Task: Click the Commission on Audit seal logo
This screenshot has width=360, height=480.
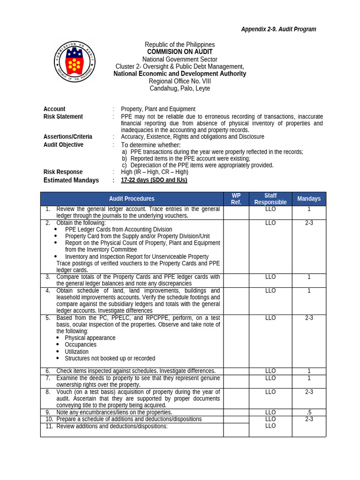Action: pyautogui.click(x=75, y=63)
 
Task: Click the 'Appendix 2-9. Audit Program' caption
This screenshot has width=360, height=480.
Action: pyautogui.click(x=278, y=29)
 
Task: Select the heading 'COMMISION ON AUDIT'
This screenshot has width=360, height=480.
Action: pyautogui.click(x=180, y=52)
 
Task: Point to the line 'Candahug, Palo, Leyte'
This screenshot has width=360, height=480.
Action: pyautogui.click(x=180, y=88)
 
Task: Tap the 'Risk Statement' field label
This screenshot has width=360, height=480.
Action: pyautogui.click(x=63, y=117)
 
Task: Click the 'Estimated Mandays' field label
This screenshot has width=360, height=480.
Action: pyautogui.click(x=71, y=180)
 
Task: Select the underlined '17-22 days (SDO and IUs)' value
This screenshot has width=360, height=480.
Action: pyautogui.click(x=154, y=180)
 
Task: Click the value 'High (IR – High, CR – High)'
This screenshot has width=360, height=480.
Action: pyautogui.click(x=154, y=172)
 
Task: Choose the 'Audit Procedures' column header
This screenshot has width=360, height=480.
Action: pyautogui.click(x=132, y=199)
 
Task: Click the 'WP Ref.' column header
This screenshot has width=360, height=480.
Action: pyautogui.click(x=236, y=199)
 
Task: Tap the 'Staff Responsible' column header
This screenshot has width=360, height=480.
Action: pyautogui.click(x=270, y=199)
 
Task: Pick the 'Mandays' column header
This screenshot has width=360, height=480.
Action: pyautogui.click(x=309, y=199)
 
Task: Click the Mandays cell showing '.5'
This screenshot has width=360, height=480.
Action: pyautogui.click(x=309, y=412)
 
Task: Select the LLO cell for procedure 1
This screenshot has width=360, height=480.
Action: pyautogui.click(x=270, y=209)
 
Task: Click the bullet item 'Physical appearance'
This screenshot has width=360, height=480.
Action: pyautogui.click(x=90, y=338)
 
